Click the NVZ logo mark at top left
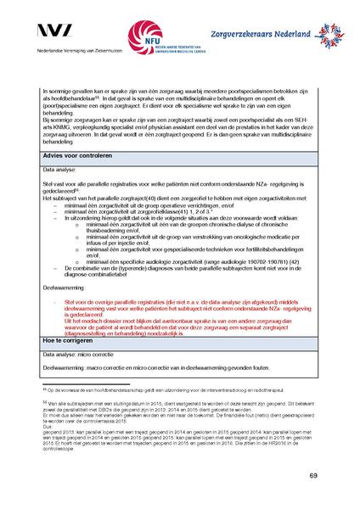pos(54,31)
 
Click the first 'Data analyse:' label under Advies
pos(61,170)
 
